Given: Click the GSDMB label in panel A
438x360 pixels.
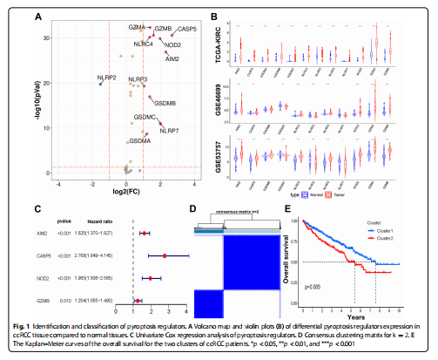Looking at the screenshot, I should [165, 103].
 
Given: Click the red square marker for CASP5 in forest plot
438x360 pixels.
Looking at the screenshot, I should [165, 255].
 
